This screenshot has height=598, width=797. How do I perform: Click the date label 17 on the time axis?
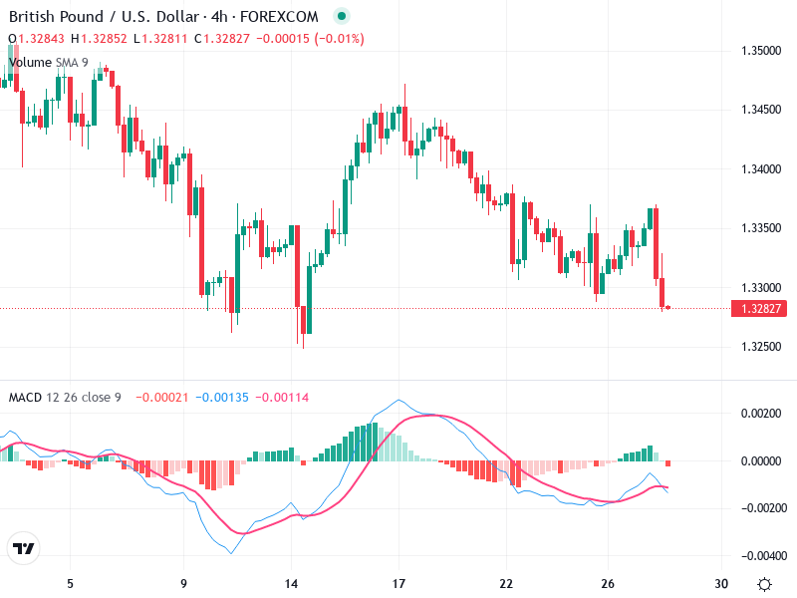[x=398, y=583]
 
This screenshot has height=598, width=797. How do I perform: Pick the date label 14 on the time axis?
[x=291, y=583]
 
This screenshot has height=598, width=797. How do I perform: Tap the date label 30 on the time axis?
[x=721, y=583]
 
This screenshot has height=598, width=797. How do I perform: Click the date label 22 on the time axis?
[x=506, y=583]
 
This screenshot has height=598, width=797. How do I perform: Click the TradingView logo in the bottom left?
[x=23, y=549]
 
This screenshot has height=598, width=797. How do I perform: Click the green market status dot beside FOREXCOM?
[x=342, y=17]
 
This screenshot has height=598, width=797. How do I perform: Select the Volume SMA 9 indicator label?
[x=48, y=62]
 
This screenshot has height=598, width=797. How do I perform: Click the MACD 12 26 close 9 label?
[x=65, y=398]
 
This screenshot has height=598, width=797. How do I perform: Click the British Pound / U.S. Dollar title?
[x=111, y=17]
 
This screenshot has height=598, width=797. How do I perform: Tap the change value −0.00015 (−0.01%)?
[x=310, y=39]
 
